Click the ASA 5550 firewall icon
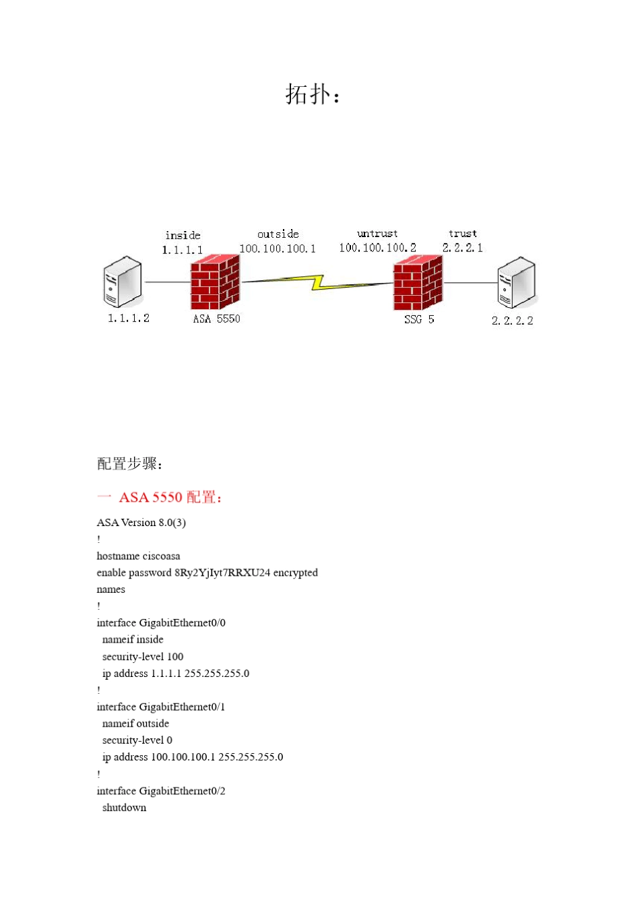coord(215,282)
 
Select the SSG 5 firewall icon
coord(418,283)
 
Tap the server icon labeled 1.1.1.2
coord(123,282)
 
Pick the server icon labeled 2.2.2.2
coord(516,283)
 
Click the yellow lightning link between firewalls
coord(317,282)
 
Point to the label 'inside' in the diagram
coord(183,235)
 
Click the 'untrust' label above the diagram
coord(377,234)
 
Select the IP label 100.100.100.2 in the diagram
coord(377,248)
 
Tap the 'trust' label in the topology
coord(463,234)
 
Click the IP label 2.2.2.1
coord(463,248)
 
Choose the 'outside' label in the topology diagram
coord(278,234)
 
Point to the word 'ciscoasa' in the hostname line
coord(161,556)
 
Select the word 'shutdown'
coord(124,808)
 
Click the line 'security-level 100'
coord(143,657)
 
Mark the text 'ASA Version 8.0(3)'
coord(141,523)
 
